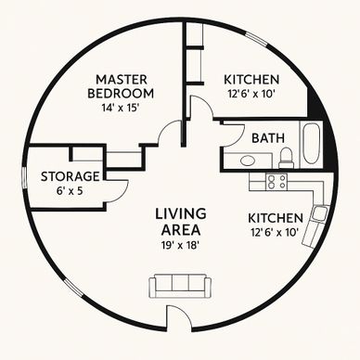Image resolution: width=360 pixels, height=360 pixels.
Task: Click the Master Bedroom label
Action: click(x=121, y=86)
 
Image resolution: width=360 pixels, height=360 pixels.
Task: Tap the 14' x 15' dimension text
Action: click(x=120, y=108)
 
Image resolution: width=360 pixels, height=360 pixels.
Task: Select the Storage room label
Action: click(x=71, y=176)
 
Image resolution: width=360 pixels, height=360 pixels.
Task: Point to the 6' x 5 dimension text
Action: click(x=70, y=191)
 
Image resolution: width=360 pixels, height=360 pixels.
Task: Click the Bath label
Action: click(x=268, y=138)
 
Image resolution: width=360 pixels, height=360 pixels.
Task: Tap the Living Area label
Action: click(x=181, y=222)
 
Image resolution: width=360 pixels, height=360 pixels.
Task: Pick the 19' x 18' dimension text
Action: click(x=180, y=245)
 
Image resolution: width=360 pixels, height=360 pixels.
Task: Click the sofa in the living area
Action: click(x=180, y=287)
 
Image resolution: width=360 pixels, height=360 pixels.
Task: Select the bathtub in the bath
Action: click(x=310, y=143)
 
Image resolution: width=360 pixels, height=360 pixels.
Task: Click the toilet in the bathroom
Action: click(x=286, y=157)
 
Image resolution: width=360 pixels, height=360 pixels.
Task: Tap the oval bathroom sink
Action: click(x=247, y=161)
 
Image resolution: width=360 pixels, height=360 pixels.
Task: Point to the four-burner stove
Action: click(x=276, y=182)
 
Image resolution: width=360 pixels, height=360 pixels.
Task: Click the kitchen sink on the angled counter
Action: click(x=319, y=212)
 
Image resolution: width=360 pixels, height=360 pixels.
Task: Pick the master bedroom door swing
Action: click(x=170, y=132)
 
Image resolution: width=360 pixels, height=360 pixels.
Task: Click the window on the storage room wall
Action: click(x=24, y=178)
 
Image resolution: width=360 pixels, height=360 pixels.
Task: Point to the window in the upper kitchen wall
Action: click(x=255, y=39)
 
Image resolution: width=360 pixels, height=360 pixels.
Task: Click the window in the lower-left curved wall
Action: click(x=73, y=288)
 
